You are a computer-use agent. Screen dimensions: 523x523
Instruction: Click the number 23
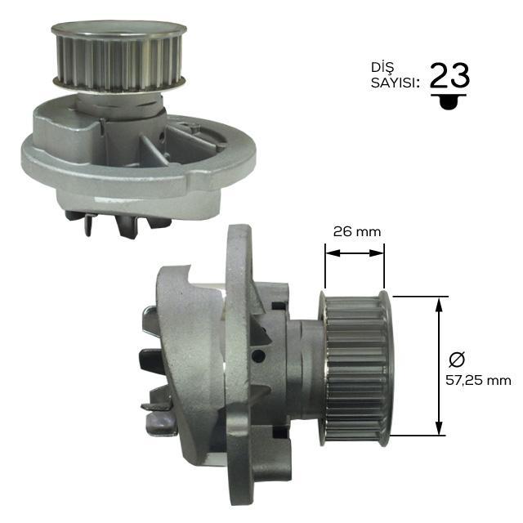click(x=450, y=75)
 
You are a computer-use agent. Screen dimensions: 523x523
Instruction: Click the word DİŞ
click(x=382, y=67)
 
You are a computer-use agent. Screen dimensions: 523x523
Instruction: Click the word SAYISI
click(x=395, y=83)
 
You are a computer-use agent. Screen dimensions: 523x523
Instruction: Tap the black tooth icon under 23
click(x=449, y=101)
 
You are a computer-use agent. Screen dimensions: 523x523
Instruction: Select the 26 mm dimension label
click(x=357, y=231)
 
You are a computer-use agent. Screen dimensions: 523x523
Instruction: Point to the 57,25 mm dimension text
click(x=478, y=380)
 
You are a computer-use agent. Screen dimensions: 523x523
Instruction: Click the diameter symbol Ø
click(x=457, y=360)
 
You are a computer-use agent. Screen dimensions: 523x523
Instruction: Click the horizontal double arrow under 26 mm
click(x=355, y=253)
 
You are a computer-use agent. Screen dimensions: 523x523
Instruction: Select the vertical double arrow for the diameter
click(x=440, y=366)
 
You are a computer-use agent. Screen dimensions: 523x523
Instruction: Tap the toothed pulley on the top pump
click(x=118, y=56)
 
